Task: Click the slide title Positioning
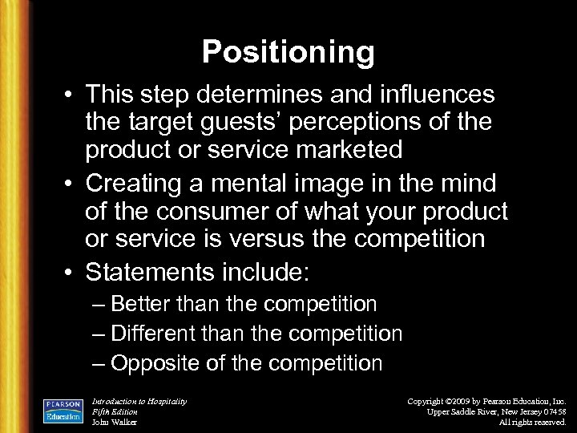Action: [x=288, y=52]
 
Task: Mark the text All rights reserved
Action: [x=532, y=422]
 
